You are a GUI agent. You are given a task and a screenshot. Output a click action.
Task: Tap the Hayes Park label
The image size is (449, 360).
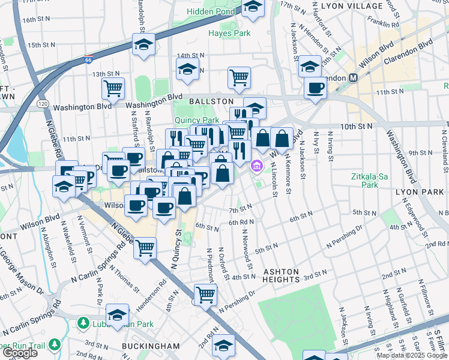[x=229, y=33]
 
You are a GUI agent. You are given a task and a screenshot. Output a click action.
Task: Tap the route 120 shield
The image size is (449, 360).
[x=43, y=103]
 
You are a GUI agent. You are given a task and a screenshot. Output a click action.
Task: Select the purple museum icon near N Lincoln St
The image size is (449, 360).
[x=257, y=165]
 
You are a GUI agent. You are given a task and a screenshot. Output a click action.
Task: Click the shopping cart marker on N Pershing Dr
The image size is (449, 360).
[x=205, y=294]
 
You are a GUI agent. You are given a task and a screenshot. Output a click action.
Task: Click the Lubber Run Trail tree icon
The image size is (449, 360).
[x=55, y=344]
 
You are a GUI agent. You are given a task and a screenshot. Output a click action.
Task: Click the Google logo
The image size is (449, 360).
[x=20, y=353]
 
